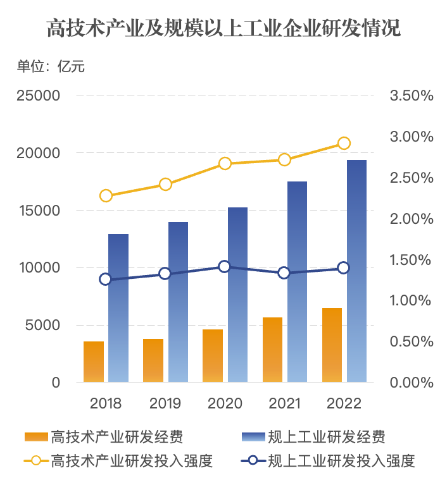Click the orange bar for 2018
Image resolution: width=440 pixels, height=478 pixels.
(94, 362)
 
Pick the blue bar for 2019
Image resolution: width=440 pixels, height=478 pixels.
(178, 302)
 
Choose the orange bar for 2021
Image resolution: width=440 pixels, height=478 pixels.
(273, 350)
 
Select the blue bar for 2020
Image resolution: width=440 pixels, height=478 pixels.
(237, 295)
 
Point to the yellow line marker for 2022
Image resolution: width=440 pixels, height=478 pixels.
(344, 144)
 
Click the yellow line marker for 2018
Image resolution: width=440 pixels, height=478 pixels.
(106, 195)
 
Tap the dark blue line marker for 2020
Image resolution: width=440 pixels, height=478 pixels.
(224, 267)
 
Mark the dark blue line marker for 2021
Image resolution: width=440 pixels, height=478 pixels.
(284, 273)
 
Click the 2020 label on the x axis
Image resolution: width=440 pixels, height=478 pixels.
(225, 403)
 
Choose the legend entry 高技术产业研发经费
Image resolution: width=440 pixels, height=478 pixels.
(104, 437)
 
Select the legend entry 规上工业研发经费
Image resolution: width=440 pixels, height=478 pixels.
(315, 437)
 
